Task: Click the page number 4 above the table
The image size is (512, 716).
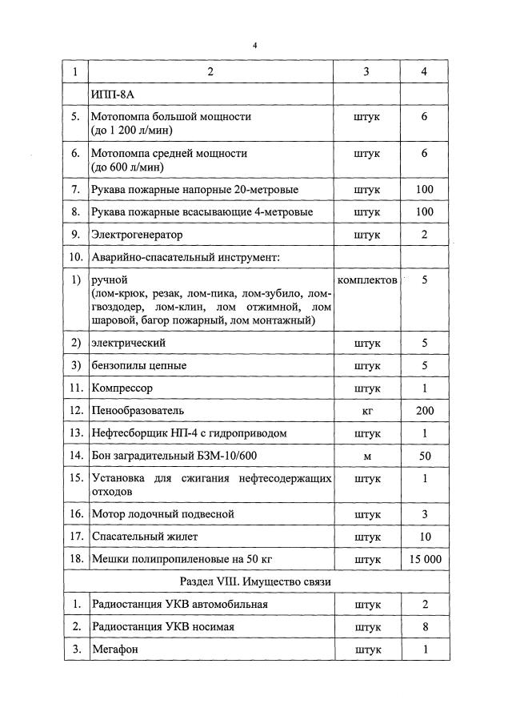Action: click(254, 45)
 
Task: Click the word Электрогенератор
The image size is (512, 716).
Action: click(136, 235)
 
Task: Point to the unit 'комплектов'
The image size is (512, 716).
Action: click(366, 280)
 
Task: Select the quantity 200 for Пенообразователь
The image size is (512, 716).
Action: click(424, 410)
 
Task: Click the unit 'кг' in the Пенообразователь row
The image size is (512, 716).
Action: click(366, 410)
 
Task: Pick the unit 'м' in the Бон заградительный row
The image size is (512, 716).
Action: click(366, 455)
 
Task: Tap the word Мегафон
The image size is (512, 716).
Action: click(115, 649)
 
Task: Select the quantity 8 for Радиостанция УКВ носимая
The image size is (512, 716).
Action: click(424, 626)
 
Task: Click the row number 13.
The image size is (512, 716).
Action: click(76, 432)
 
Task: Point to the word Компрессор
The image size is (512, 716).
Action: click(122, 388)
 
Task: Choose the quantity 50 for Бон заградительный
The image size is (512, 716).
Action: click(424, 455)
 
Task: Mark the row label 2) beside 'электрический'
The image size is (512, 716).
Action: click(76, 343)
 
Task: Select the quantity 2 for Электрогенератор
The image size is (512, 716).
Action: click(424, 235)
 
